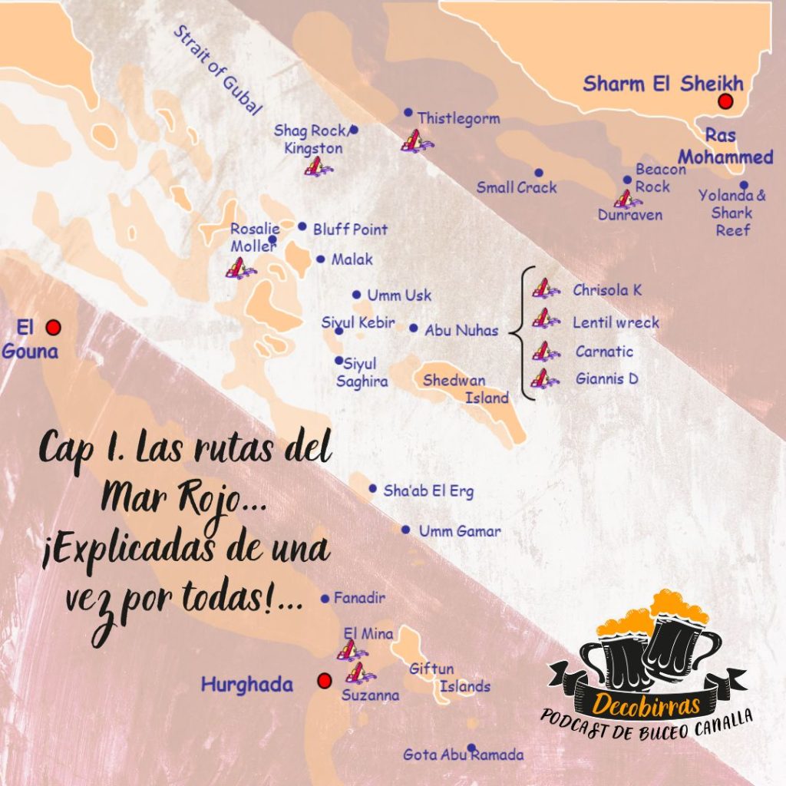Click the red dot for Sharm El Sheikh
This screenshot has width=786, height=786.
coord(725,102)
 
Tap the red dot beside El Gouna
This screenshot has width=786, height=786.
coord(53,328)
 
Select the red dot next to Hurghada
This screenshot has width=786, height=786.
coord(324,681)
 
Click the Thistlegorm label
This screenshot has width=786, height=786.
coord(458,118)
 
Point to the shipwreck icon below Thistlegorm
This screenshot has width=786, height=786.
coord(415,141)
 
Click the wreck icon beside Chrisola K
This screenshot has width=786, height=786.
coord(544,289)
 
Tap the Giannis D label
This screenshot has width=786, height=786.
coord(606,378)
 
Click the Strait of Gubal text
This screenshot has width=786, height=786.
coord(217,70)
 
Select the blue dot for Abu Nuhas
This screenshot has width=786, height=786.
coord(414,329)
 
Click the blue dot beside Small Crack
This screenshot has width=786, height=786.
coord(539,173)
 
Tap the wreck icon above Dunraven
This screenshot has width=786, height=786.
coord(627,200)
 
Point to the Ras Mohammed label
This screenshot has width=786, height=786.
coord(725,147)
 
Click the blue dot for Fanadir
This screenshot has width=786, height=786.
coord(325,599)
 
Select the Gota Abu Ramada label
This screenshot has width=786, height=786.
coord(464,755)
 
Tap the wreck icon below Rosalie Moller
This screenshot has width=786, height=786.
coord(239,268)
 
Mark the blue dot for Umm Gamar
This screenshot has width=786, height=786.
coord(406,530)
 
